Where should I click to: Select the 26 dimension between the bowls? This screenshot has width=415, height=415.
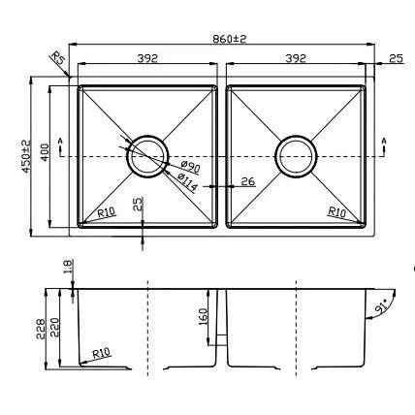(247, 180)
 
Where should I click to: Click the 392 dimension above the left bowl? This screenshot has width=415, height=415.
(147, 58)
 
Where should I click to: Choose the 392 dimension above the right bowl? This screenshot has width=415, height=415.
(297, 58)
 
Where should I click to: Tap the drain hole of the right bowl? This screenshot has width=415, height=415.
(296, 154)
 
